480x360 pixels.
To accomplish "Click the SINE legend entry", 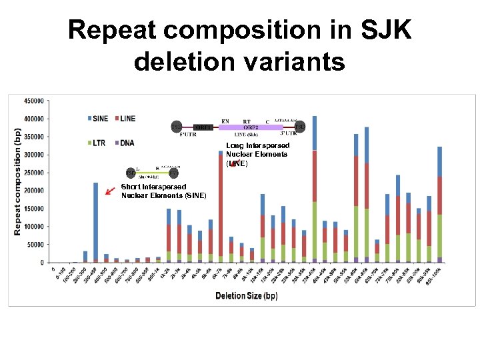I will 97,119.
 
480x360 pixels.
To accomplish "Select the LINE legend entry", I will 124,119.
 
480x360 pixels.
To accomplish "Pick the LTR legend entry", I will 97,143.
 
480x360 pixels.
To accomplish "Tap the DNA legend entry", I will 125,143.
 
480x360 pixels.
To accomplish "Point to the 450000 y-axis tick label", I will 35,101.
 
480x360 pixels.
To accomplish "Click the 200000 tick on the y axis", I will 35,191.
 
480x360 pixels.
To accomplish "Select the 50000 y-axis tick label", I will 37,245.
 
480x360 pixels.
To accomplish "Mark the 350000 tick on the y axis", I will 35,137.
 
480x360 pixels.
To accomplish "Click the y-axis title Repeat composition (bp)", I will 18,181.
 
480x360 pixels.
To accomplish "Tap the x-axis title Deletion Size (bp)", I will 247,295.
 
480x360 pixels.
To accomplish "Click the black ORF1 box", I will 203,127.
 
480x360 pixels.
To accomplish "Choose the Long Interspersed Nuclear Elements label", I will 257,154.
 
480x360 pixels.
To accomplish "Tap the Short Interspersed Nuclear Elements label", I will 163,191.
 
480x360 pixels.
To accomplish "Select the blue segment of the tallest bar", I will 315,133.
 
